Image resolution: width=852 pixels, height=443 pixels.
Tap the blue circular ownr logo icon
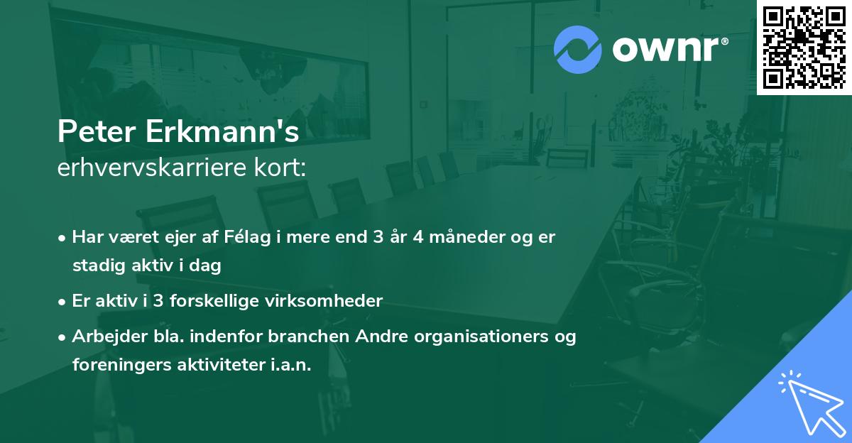(x=577, y=50)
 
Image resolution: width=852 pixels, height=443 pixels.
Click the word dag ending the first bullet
(x=207, y=266)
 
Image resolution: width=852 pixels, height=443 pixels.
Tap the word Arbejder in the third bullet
(x=104, y=336)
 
